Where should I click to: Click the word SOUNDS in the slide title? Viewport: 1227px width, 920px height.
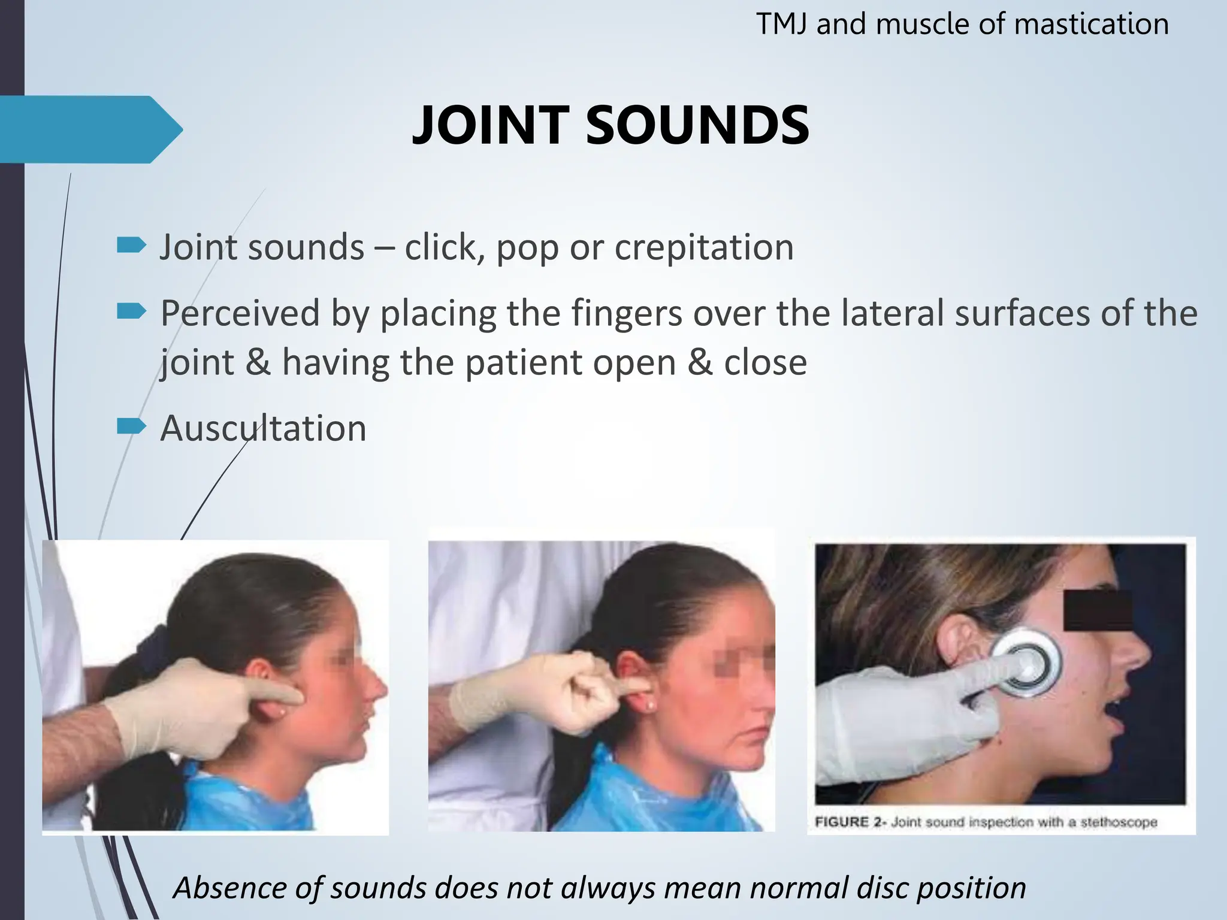[x=697, y=126]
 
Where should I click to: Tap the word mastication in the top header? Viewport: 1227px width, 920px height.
[x=1091, y=25]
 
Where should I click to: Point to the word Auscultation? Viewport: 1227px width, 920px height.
[x=263, y=429]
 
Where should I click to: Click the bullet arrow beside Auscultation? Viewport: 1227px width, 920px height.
[x=131, y=426]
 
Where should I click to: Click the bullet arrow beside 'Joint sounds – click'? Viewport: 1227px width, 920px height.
[x=131, y=244]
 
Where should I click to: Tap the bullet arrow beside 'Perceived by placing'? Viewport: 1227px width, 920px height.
[x=131, y=311]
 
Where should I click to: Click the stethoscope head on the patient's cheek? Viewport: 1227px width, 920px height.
[x=1026, y=662]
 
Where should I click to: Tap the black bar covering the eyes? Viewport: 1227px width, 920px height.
[x=1098, y=610]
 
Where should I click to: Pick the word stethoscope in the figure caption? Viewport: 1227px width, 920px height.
[x=1119, y=822]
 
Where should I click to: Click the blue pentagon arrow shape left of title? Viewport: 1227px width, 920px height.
[x=90, y=129]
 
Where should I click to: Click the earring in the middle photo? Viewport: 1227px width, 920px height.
[x=650, y=707]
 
